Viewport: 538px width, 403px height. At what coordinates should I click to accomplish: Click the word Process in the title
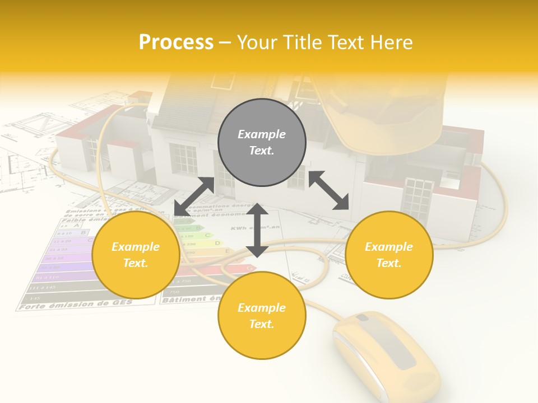tap(176, 43)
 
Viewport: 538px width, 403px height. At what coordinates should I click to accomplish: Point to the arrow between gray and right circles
tap(328, 190)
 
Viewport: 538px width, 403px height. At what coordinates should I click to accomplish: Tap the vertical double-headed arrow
tap(257, 231)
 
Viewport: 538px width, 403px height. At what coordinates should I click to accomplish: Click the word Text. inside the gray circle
tap(262, 151)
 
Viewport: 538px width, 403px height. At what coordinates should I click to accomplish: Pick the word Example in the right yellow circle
tap(389, 247)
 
